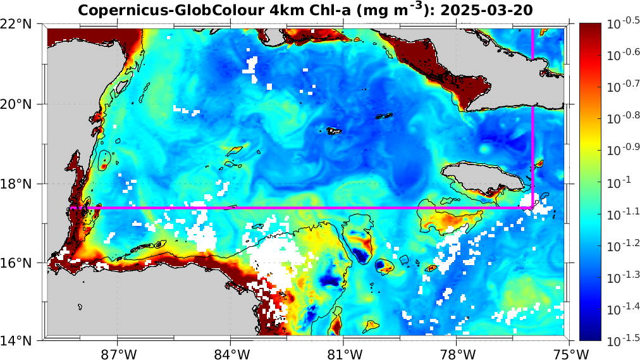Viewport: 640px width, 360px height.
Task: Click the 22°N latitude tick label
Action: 20,24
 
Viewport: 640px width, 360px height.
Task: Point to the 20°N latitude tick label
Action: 20,104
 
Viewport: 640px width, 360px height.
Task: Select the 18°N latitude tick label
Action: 20,183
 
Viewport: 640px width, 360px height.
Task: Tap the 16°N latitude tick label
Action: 20,263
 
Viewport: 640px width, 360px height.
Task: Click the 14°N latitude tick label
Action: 20,342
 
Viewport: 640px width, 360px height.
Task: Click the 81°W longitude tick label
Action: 345,352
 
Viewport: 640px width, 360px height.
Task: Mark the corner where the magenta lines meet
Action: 532,207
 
